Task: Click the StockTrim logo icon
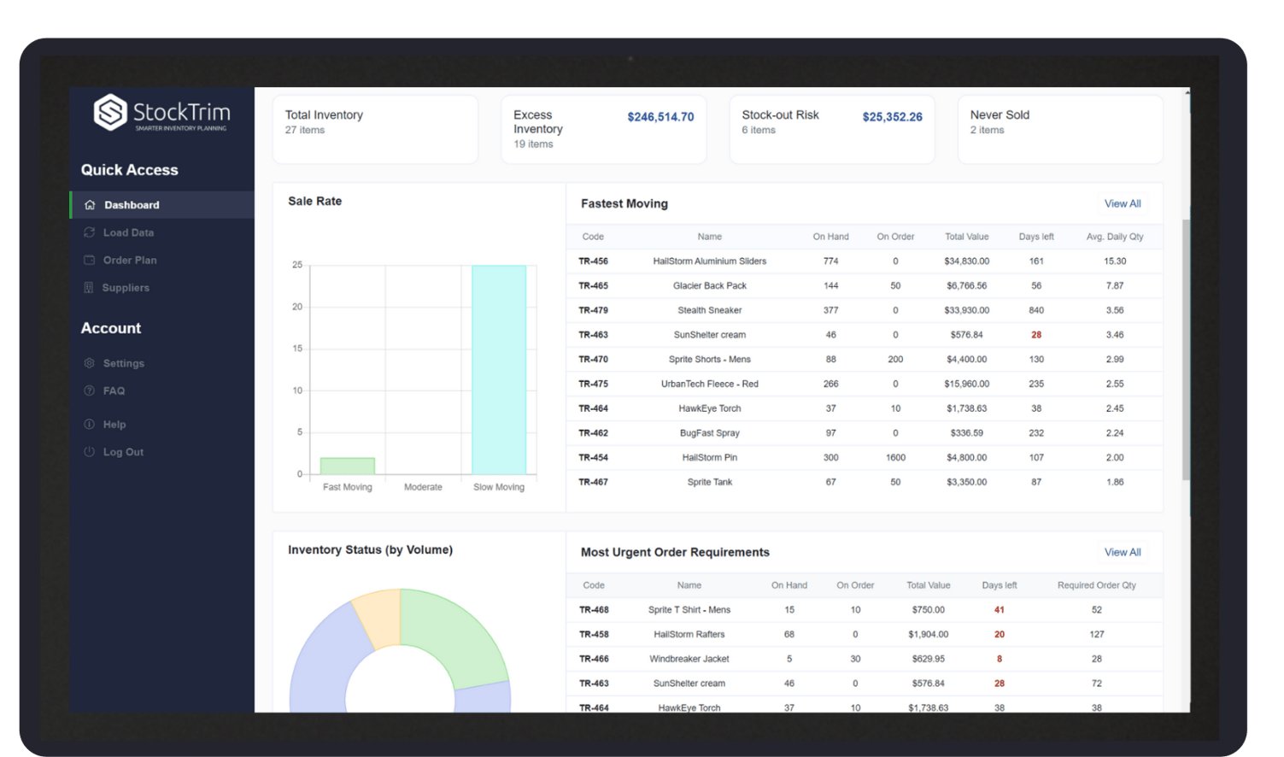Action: (x=110, y=113)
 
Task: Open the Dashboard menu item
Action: (x=132, y=205)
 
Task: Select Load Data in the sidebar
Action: (x=128, y=232)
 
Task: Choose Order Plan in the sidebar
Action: (x=130, y=260)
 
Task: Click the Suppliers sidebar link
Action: (x=126, y=288)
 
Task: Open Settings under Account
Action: (x=123, y=363)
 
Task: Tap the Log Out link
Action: (x=123, y=452)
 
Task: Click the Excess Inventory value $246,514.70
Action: (x=660, y=117)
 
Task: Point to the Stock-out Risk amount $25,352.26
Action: (x=892, y=117)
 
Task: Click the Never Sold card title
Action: (x=1000, y=114)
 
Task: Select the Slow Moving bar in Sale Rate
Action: (x=499, y=369)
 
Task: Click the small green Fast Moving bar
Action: (x=347, y=466)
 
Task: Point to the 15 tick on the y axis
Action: (x=297, y=349)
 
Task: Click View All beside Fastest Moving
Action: (x=1122, y=203)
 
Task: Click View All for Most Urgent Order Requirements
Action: (x=1122, y=552)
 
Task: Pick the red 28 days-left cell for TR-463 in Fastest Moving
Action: (x=1035, y=335)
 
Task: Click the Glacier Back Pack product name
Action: (x=709, y=285)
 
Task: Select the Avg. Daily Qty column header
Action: (x=1114, y=237)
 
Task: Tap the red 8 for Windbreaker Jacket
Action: (x=999, y=659)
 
